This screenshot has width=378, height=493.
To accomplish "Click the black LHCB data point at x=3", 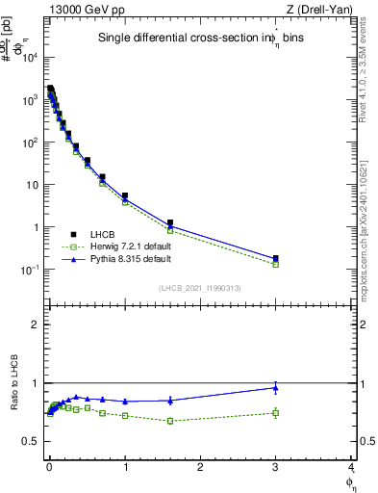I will [x=276, y=258].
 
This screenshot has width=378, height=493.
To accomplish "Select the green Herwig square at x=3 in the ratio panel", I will [x=276, y=413].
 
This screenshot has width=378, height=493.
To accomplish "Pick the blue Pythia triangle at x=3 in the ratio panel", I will [x=276, y=388].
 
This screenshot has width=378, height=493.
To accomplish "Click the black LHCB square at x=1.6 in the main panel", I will [x=170, y=222].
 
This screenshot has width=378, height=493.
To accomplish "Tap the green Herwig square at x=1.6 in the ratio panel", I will [x=170, y=421].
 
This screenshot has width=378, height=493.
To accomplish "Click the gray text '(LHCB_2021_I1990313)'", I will [x=199, y=288].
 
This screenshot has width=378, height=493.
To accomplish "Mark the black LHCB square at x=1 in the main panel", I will [x=125, y=195].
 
